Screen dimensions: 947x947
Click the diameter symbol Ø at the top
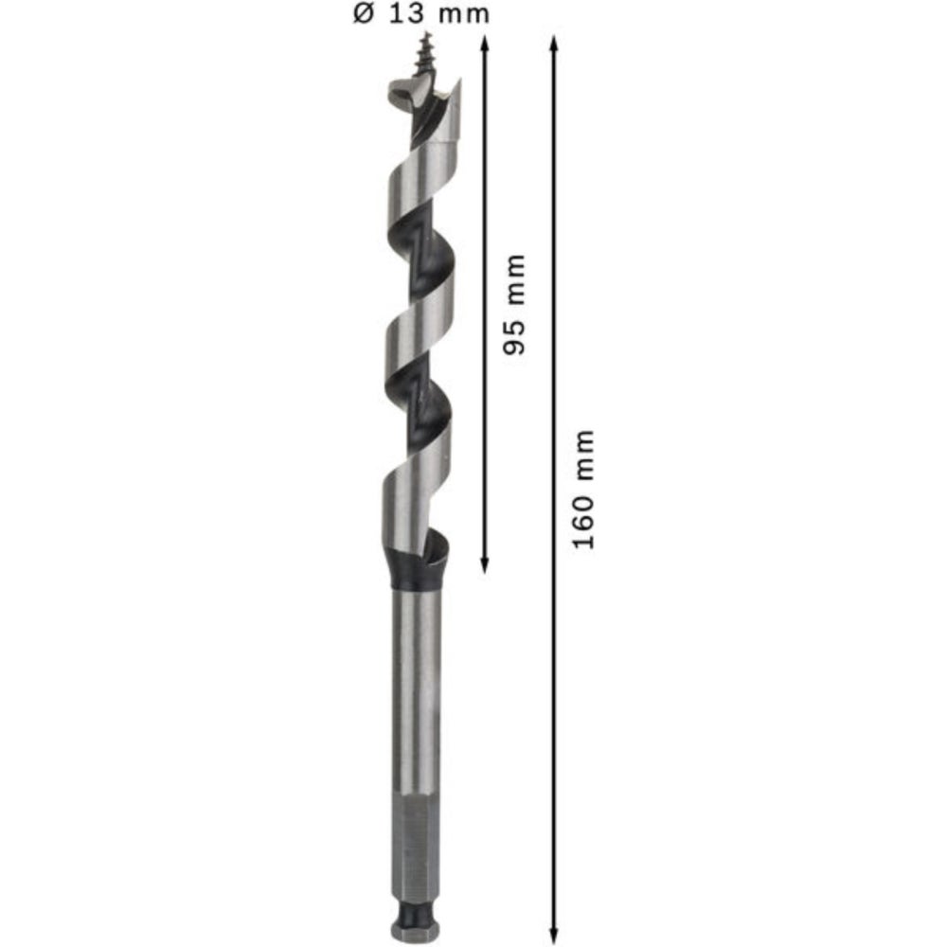[364, 13]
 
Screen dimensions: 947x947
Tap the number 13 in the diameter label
[407, 13]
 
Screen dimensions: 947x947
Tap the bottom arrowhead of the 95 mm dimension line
[484, 564]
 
